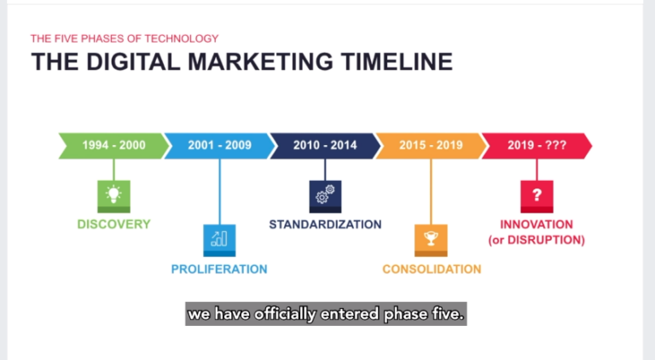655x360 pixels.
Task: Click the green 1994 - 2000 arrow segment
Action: (x=113, y=145)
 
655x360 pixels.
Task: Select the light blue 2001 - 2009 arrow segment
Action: (x=220, y=145)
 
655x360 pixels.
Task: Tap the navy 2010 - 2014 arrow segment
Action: (x=325, y=145)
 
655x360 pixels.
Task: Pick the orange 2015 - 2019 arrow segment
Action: (x=431, y=145)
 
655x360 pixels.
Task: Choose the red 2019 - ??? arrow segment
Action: (x=536, y=145)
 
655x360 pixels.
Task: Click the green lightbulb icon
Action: (x=113, y=195)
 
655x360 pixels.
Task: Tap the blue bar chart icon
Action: (x=219, y=239)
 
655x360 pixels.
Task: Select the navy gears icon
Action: (x=325, y=195)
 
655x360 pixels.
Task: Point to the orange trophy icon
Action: (x=431, y=239)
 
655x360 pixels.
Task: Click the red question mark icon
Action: (x=536, y=195)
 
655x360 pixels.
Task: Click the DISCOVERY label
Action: (x=113, y=224)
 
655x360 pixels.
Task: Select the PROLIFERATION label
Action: (x=219, y=270)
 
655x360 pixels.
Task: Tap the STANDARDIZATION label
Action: (x=325, y=224)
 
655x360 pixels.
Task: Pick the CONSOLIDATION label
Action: (x=432, y=270)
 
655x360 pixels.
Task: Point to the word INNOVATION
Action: (x=536, y=224)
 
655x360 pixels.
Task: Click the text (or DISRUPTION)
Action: (x=536, y=241)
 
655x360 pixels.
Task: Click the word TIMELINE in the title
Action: (x=389, y=62)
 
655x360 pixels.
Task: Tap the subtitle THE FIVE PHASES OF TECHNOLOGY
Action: (x=125, y=38)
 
